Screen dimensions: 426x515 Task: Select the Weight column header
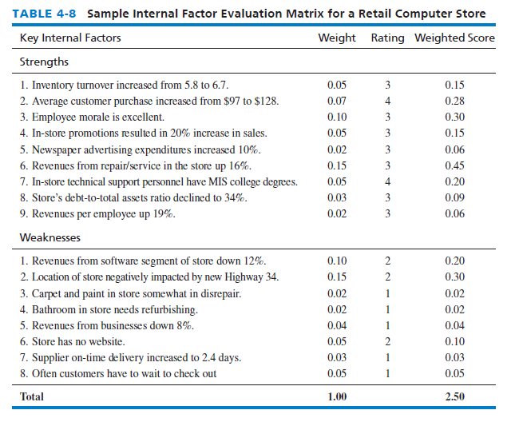pos(337,38)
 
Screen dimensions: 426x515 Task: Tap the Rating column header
pos(387,38)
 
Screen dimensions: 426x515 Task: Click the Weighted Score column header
pos(454,38)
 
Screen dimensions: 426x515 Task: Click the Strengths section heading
pos(44,62)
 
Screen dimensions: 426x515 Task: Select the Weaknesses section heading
pos(50,237)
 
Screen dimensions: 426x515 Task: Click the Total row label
pos(32,396)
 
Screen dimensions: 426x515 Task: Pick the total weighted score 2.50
pos(454,396)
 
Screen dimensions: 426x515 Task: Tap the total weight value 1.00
pos(337,396)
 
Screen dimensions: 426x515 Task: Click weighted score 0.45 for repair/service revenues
pos(454,165)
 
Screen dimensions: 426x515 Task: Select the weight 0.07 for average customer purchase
pos(337,101)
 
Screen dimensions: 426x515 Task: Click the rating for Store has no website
pos(387,341)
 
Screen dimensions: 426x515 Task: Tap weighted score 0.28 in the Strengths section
pos(454,101)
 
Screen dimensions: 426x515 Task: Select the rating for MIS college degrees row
pos(387,181)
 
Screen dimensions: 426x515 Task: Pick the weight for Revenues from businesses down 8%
pos(337,325)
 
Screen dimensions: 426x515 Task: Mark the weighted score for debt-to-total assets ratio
pos(454,197)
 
